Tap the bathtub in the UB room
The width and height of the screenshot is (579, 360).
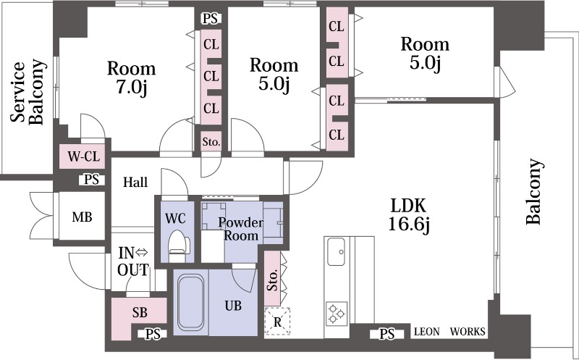click(x=190, y=303)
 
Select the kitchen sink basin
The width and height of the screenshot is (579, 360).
click(x=336, y=251)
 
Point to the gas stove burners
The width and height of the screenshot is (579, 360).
click(x=337, y=314)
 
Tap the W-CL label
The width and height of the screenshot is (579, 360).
click(x=84, y=156)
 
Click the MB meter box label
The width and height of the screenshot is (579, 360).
click(x=82, y=217)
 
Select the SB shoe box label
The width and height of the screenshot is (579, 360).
click(x=140, y=313)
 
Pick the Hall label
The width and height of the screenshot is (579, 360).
click(x=135, y=183)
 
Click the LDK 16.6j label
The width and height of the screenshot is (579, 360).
click(x=409, y=214)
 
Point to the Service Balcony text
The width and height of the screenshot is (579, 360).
click(x=28, y=92)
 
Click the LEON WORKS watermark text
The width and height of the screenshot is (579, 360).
click(x=449, y=332)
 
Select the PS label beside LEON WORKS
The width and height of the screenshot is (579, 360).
click(x=387, y=334)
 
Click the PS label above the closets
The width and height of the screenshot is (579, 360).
click(x=211, y=19)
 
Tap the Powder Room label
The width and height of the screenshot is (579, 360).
click(x=241, y=229)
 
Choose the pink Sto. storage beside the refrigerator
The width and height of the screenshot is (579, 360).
click(x=273, y=279)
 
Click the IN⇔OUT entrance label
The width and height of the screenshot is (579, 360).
click(x=133, y=261)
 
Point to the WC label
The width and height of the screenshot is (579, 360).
click(x=175, y=219)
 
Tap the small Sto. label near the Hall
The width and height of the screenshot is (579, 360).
click(x=211, y=141)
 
